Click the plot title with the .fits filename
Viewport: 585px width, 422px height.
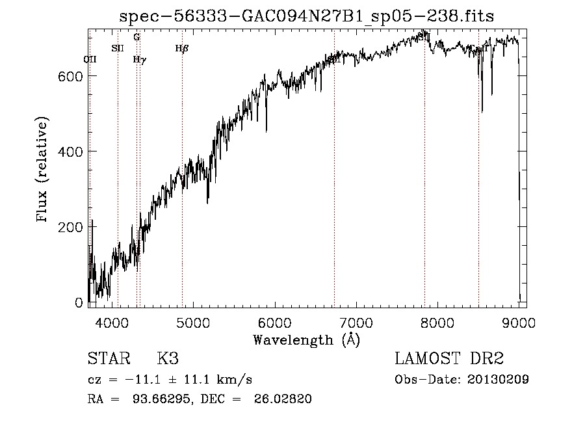coord(307,16)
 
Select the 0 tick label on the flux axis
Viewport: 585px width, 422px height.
coord(79,302)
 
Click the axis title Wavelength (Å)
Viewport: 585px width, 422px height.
coord(306,339)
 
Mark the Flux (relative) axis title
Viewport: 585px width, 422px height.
coord(43,170)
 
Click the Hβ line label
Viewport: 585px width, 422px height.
coord(182,47)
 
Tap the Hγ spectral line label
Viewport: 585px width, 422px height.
coord(139,59)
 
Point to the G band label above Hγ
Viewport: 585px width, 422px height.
coord(136,37)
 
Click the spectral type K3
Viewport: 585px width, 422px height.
coord(167,359)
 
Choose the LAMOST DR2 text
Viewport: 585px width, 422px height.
coord(449,359)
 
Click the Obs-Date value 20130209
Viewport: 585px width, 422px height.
coord(498,380)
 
